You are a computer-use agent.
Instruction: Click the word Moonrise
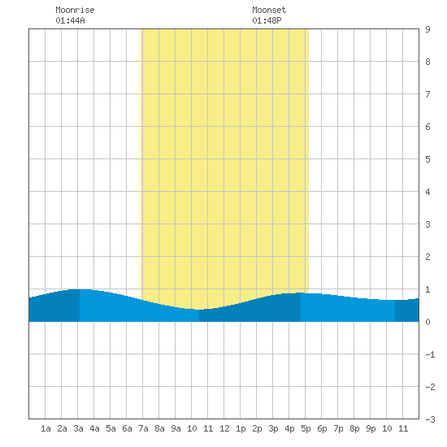pos(75,10)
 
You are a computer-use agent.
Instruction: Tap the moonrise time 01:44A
pos(70,20)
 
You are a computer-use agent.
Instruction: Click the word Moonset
pos(269,10)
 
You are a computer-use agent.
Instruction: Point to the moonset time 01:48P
pos(267,20)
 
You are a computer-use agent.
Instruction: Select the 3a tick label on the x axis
pos(78,428)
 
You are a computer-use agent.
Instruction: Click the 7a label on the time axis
pos(143,428)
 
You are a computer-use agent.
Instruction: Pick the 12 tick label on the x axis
pos(224,428)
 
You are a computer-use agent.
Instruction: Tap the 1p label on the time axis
pos(241,428)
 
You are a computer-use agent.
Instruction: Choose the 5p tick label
pos(306,428)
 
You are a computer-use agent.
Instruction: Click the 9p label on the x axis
pos(371,428)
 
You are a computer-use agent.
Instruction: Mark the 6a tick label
pos(127,428)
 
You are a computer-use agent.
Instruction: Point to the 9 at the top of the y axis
pos(427,29)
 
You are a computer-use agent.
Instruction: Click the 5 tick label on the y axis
pos(427,159)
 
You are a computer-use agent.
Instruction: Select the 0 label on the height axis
pos(427,322)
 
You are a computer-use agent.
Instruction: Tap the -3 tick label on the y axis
pos(430,419)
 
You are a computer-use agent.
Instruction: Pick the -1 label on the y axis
pos(430,354)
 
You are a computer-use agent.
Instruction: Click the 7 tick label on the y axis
pos(427,94)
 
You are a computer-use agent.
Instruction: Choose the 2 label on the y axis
pos(427,257)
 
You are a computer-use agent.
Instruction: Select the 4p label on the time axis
pos(289,428)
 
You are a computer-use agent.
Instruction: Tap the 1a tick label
pos(46,428)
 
